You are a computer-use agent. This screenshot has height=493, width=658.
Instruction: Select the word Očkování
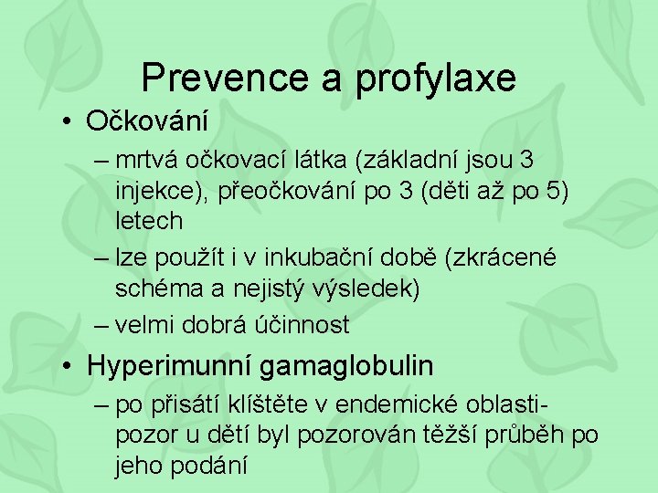147,121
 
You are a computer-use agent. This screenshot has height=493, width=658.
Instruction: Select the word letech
149,221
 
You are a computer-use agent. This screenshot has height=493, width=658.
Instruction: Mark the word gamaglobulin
346,367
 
